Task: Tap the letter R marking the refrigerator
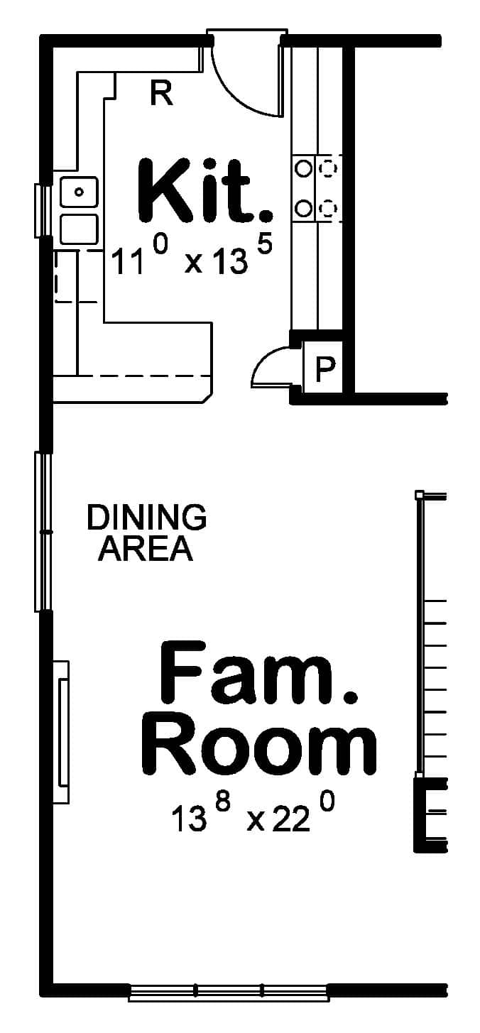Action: click(162, 93)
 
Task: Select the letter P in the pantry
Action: click(324, 369)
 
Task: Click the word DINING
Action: click(146, 518)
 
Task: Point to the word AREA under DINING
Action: click(146, 548)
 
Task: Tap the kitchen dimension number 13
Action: click(230, 263)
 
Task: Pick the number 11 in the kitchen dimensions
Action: click(128, 263)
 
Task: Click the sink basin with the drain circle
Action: click(79, 192)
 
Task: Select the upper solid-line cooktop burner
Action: click(304, 168)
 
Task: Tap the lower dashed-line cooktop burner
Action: click(329, 208)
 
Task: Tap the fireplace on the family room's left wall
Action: click(62, 731)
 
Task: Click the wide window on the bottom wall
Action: click(229, 992)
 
